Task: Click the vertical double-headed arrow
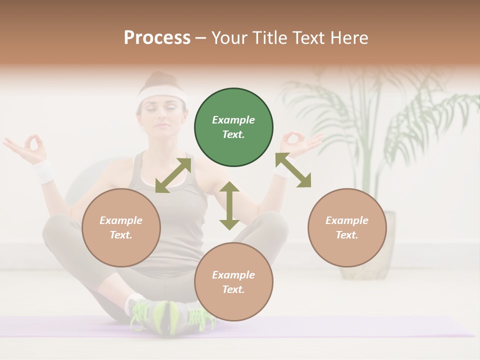click(x=229, y=205)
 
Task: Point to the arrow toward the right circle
click(x=293, y=170)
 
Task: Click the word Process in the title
click(x=157, y=37)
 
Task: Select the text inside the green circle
click(x=233, y=127)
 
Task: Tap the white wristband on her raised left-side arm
click(x=44, y=171)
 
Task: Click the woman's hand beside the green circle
click(x=300, y=142)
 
